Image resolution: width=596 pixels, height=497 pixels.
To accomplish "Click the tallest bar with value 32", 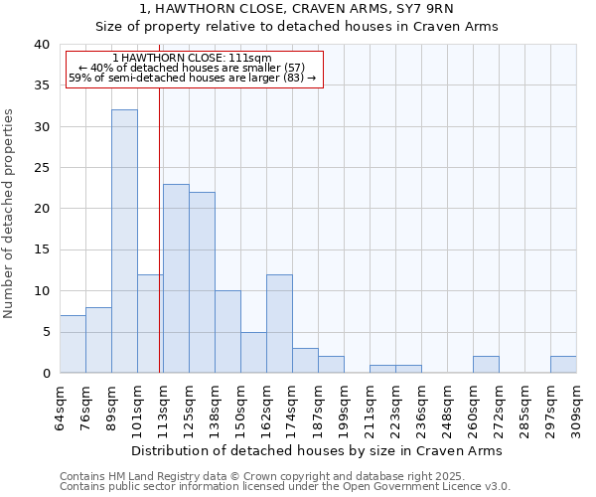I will click(x=124, y=242).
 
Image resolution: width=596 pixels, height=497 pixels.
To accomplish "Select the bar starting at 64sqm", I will click(x=73, y=344).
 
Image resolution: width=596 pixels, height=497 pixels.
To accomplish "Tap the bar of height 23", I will click(x=176, y=278).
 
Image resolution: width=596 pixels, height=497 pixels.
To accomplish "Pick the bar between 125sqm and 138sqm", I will click(x=202, y=282).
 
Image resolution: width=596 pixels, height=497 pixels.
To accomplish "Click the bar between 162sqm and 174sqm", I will click(x=279, y=323).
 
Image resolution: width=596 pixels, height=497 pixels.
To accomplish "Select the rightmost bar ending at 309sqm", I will click(x=563, y=365).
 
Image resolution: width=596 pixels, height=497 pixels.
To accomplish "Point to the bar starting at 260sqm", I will click(x=486, y=365).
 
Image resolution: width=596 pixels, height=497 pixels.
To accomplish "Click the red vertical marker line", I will click(x=160, y=229).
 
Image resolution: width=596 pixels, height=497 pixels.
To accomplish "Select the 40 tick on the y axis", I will click(x=41, y=45).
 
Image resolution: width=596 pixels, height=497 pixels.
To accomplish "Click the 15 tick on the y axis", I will click(x=41, y=249).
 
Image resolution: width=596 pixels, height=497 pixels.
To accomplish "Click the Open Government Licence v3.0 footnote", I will click(x=285, y=486).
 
